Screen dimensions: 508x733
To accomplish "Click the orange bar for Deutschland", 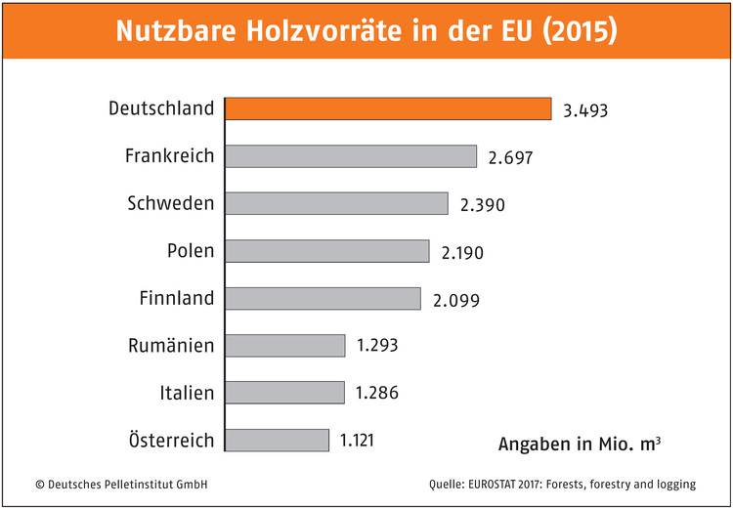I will (x=388, y=108).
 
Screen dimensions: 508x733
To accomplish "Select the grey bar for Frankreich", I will (x=351, y=156).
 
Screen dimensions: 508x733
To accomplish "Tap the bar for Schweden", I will (x=336, y=203).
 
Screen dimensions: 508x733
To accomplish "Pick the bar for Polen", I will (x=327, y=251).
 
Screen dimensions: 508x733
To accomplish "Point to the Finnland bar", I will (x=323, y=298).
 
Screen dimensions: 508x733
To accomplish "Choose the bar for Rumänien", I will (x=284, y=345).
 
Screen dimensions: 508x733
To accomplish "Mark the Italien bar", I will (x=284, y=393).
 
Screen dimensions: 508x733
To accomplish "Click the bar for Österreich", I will (x=277, y=440).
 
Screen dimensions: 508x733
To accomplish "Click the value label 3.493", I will (x=585, y=110).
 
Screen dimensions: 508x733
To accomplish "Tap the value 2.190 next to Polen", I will (x=462, y=252).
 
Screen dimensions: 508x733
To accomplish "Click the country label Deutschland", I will (x=161, y=107).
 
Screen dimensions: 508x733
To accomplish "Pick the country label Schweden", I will (x=170, y=203).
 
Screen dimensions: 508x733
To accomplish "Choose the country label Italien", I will (x=186, y=393).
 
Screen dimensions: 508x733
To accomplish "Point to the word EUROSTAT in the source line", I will (x=505, y=484).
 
